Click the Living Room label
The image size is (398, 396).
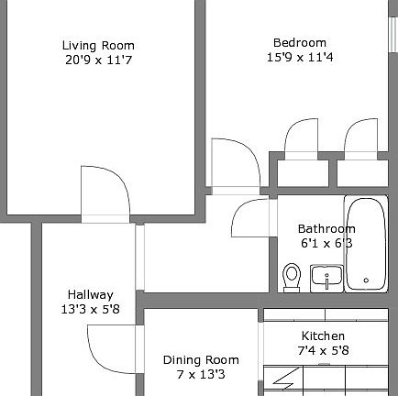coord(98,45)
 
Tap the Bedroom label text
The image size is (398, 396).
coord(299,42)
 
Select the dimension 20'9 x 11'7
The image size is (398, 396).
coord(98,60)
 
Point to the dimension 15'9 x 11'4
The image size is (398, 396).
coord(299,57)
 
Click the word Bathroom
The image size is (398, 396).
coord(326,228)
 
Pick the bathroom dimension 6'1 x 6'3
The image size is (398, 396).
coord(326,243)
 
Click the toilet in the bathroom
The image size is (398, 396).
coord(293,276)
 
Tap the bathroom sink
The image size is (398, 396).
coord(326,276)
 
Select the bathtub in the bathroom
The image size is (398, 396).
coord(366,243)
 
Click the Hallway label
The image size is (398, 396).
coord(90,294)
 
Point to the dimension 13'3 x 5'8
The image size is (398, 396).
coord(90,309)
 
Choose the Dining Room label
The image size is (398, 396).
coord(201,359)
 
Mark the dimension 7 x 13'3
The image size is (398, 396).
coord(201,374)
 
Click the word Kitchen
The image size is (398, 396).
coord(323,335)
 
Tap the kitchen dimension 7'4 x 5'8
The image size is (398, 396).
coord(323,350)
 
